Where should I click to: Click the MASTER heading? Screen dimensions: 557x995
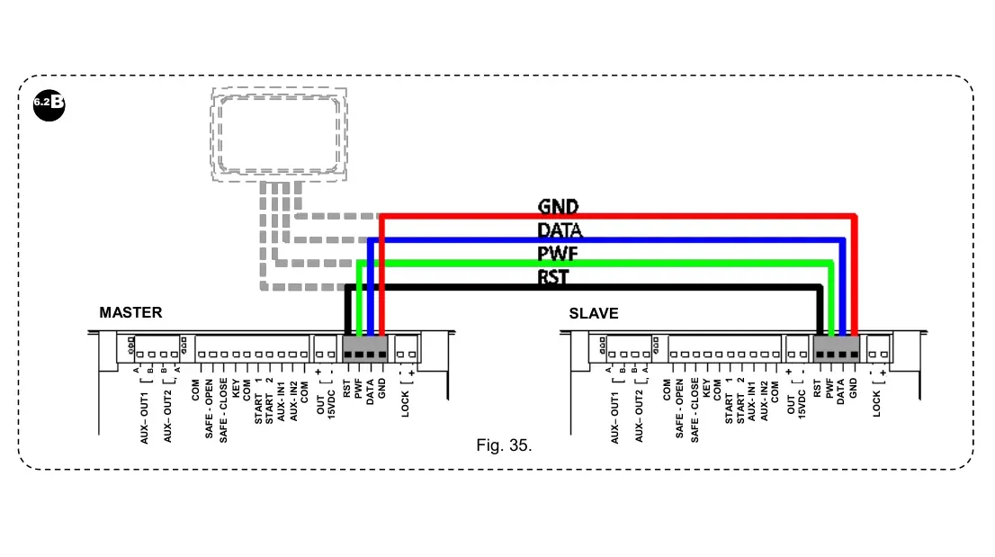click(130, 313)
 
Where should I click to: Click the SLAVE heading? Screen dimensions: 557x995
click(593, 314)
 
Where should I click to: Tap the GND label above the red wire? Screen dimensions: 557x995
click(558, 207)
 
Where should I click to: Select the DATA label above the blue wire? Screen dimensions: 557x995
click(560, 230)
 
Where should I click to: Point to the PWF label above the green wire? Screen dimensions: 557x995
click(557, 255)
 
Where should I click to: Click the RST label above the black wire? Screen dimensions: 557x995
click(553, 277)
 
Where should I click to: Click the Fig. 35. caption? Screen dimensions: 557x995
click(504, 445)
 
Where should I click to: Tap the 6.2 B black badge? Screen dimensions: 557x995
click(49, 102)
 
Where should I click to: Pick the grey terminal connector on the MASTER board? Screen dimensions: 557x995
click(365, 348)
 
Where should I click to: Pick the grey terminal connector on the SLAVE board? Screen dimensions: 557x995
click(837, 348)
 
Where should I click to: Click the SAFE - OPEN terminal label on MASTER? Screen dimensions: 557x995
click(210, 409)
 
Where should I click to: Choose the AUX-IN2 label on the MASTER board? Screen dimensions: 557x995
click(293, 400)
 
